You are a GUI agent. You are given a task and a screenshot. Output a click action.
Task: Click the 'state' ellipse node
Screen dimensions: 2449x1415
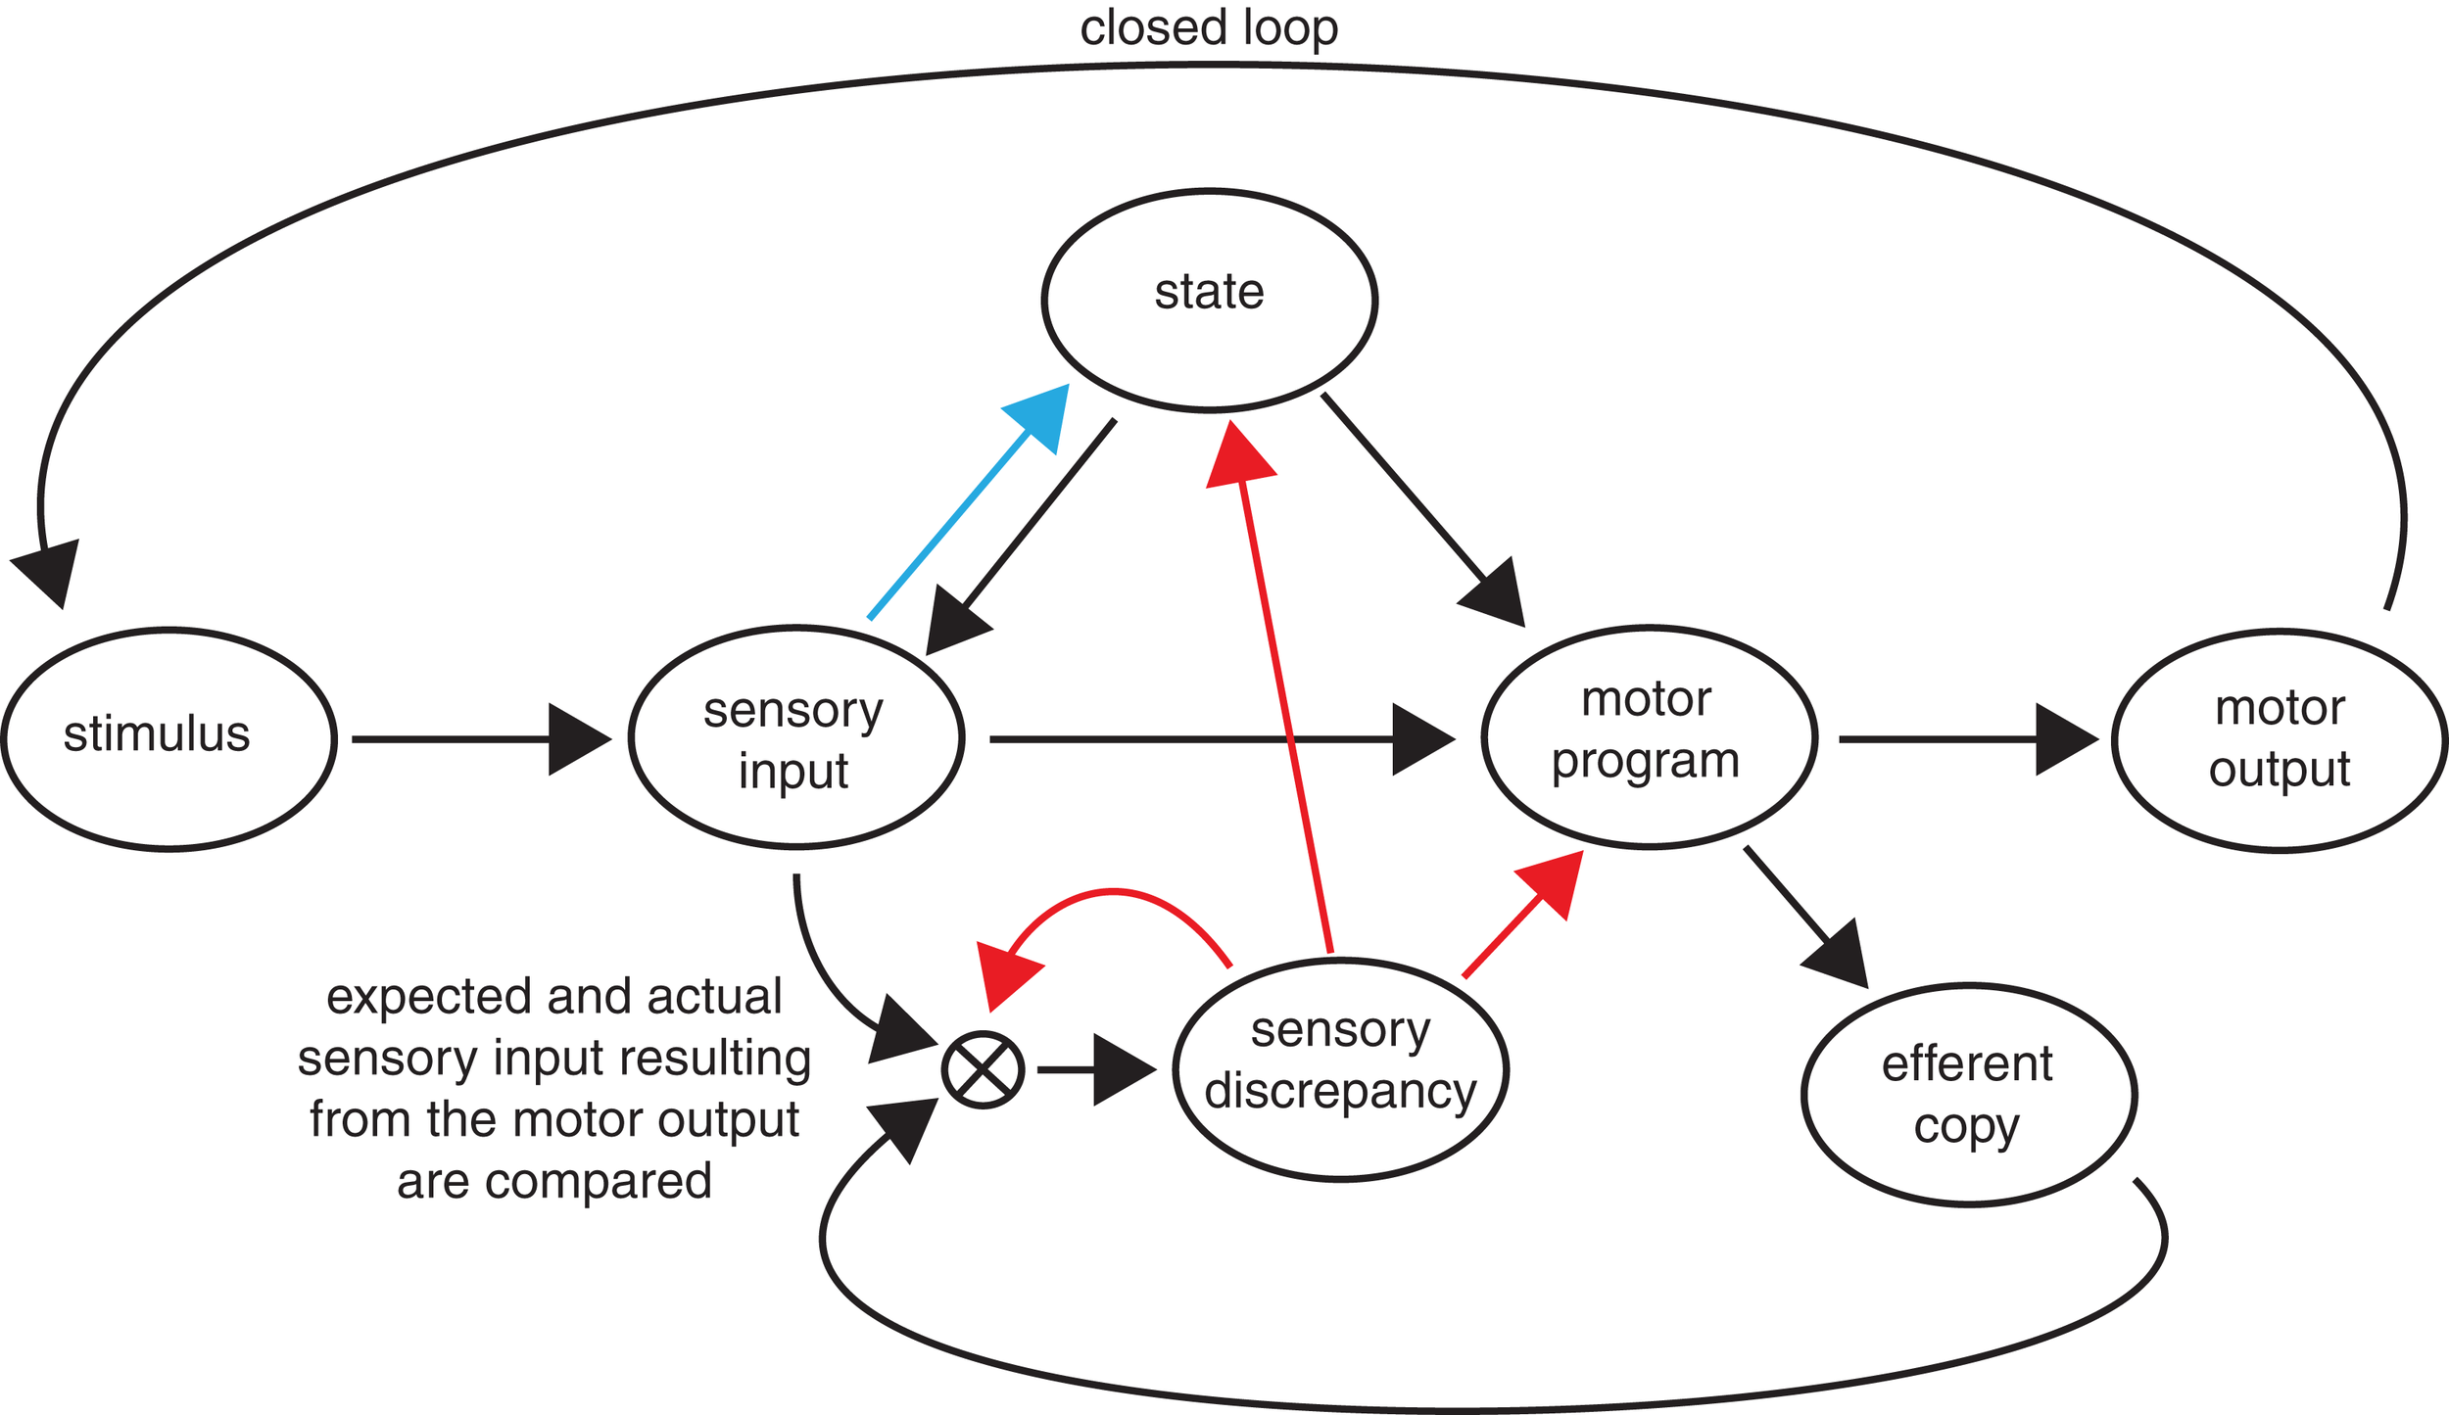[x=1210, y=300]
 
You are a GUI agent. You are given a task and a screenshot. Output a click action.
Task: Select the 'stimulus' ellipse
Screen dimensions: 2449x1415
[x=168, y=739]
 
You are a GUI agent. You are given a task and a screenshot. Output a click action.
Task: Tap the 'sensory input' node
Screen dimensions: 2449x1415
[x=795, y=736]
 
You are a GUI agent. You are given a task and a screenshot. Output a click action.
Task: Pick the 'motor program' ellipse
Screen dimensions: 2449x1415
[x=1650, y=736]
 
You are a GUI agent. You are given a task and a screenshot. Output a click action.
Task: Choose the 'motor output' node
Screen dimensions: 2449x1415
[x=2280, y=740]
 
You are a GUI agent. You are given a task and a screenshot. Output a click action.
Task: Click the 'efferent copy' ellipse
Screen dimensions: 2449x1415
[x=1969, y=1095]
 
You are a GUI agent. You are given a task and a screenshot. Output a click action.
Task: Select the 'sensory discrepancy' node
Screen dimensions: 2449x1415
[x=1341, y=1069]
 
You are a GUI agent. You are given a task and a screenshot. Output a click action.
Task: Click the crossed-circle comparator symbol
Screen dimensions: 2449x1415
[x=983, y=1070]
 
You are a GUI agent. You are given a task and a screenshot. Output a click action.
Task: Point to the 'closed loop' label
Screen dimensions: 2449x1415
[x=1209, y=29]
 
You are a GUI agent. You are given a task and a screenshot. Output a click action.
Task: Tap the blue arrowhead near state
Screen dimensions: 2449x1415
[x=1042, y=415]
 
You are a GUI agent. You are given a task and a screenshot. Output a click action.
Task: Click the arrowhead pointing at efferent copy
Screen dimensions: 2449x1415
[x=1840, y=955]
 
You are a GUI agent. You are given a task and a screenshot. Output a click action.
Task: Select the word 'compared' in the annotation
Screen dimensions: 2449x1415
[x=598, y=1182]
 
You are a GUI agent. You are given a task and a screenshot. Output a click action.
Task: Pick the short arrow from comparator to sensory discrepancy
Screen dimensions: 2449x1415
[x=1097, y=1070]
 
